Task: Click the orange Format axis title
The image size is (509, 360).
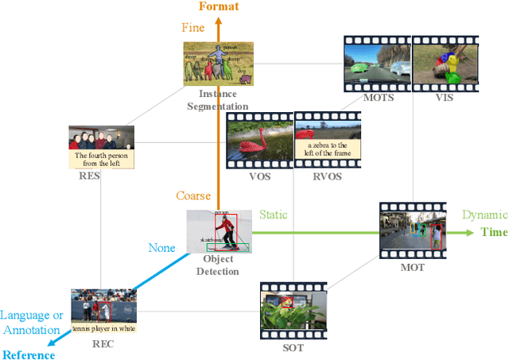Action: click(218, 7)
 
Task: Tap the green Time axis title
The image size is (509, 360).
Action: click(493, 232)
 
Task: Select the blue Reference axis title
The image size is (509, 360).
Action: click(29, 354)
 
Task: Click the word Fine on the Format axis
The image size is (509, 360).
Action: click(192, 28)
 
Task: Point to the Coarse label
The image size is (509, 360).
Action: click(193, 195)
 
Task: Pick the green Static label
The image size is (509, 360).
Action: click(274, 215)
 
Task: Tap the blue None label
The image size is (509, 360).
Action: click(161, 248)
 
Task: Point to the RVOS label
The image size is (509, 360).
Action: click(326, 176)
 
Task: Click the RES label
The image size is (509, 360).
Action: click(88, 177)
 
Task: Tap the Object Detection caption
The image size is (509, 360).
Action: click(218, 265)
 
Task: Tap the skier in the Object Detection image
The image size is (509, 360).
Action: click(227, 230)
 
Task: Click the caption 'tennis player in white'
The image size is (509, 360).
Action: click(103, 327)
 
